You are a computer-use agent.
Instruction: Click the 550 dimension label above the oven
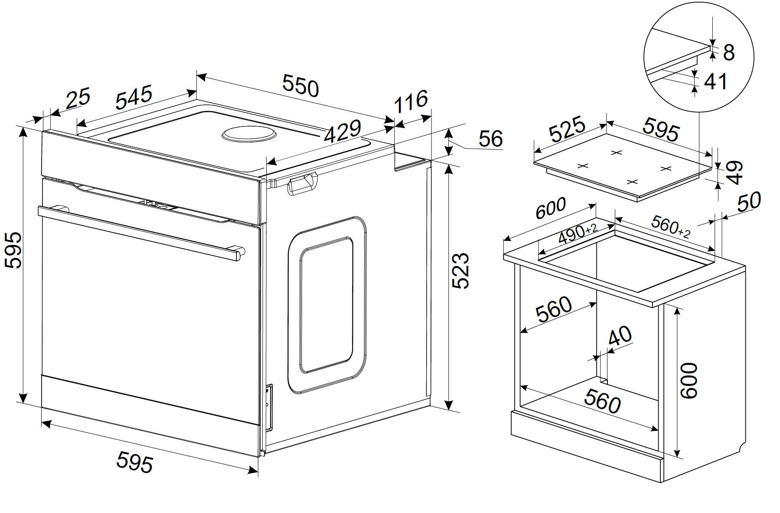300,85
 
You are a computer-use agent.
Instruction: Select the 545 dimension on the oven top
134,98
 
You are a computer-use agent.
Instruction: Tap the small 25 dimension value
78,98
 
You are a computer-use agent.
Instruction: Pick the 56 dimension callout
490,139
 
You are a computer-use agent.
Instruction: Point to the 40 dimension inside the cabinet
620,336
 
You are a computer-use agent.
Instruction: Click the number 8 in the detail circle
729,53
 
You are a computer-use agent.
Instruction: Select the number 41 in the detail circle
715,81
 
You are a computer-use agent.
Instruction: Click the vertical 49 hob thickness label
734,173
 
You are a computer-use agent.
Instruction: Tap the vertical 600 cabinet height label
689,380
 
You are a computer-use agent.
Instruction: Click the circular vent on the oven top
249,134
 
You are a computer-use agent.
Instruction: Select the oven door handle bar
141,233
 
